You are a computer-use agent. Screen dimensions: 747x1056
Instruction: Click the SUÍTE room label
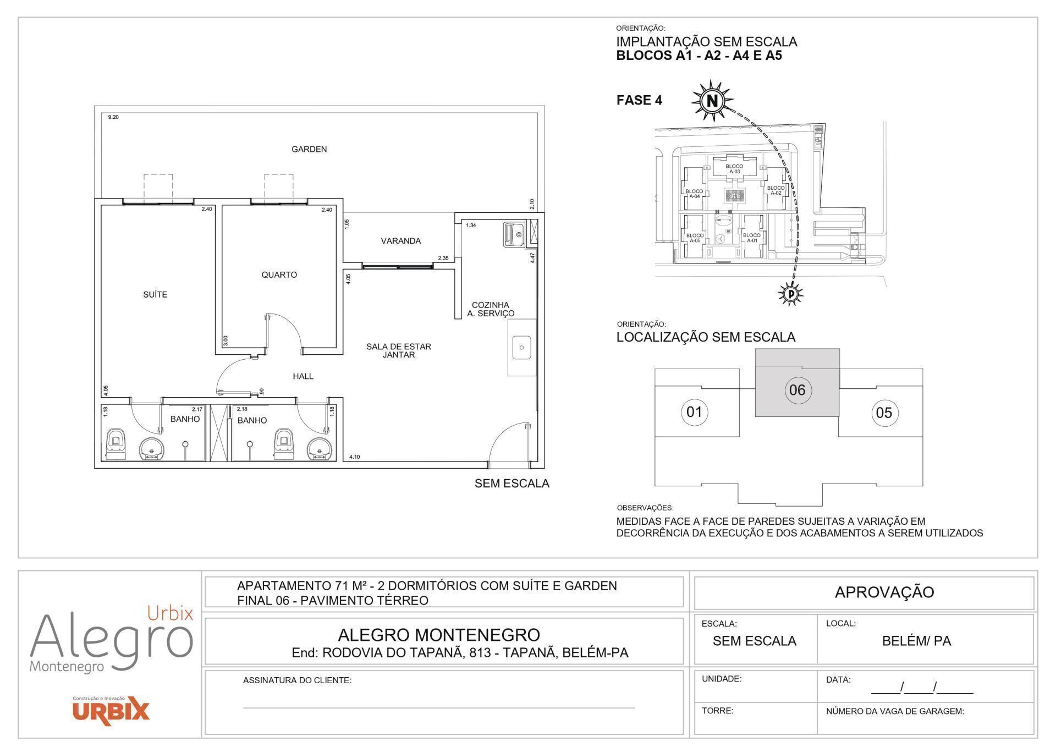click(155, 294)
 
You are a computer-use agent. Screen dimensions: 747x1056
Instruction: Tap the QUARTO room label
click(279, 274)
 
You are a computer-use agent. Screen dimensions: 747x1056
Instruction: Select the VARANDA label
click(400, 241)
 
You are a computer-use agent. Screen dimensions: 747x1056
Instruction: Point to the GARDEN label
click(309, 149)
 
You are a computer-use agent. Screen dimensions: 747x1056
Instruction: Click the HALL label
click(303, 376)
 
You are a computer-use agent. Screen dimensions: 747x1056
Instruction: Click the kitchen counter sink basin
click(521, 348)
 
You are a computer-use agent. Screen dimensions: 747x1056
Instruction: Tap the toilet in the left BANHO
click(116, 443)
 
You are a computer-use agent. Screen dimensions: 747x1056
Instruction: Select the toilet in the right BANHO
click(284, 443)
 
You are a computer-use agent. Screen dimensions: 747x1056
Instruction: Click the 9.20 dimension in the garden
click(113, 117)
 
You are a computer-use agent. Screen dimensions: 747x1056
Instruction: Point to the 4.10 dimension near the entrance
click(355, 457)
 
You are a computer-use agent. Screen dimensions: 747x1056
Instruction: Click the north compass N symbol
click(712, 101)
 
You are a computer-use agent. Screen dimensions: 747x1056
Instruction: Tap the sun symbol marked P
click(791, 294)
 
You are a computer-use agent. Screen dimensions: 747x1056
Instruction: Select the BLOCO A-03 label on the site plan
click(734, 169)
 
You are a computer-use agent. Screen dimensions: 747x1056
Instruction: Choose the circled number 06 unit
click(797, 390)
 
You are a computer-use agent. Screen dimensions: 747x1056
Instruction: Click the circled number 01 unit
click(694, 411)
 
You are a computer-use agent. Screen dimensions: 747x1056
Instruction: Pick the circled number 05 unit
click(884, 413)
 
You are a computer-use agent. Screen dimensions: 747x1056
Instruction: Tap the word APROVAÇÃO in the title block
click(884, 592)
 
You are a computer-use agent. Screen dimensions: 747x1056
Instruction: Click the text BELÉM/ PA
click(916, 641)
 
